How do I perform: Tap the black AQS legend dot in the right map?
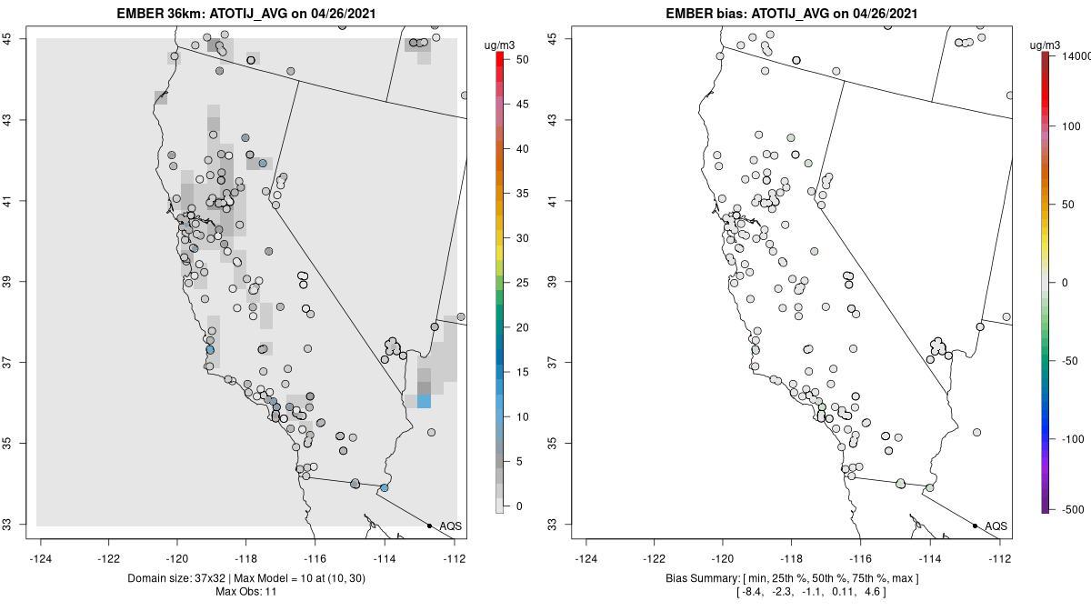pos(975,526)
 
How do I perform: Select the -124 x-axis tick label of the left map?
pos(40,558)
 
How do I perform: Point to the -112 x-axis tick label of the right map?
pos(1000,558)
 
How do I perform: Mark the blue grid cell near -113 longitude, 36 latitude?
pos(424,401)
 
